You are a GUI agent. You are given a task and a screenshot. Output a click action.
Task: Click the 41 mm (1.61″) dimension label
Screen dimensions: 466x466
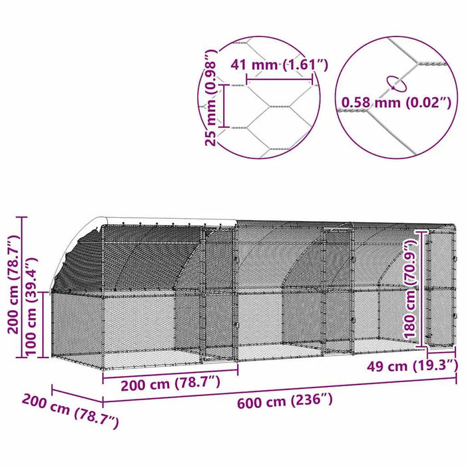279,65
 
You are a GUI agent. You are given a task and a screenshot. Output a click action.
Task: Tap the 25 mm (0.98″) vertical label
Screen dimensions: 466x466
210,97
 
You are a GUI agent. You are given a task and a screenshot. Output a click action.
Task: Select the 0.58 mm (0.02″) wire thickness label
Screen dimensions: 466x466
396,103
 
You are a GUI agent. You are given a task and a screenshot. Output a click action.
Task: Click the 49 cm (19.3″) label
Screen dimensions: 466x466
411,365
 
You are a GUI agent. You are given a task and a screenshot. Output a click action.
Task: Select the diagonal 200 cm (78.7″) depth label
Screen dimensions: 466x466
69,410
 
